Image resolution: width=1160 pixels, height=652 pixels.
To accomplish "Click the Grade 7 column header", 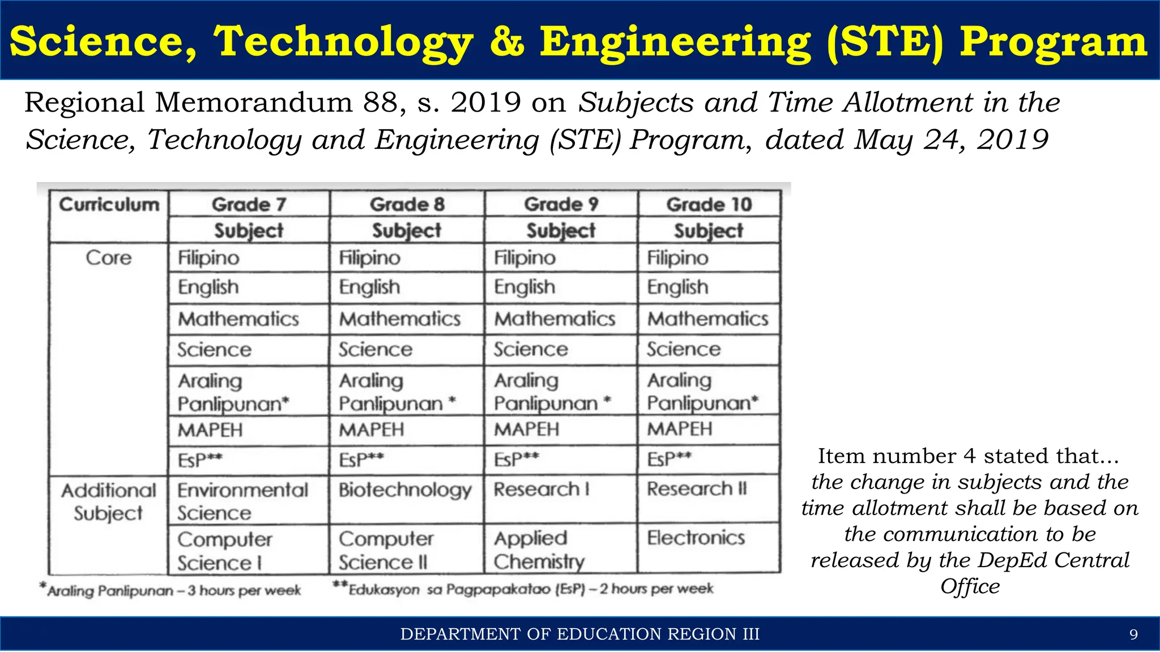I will pyautogui.click(x=249, y=204).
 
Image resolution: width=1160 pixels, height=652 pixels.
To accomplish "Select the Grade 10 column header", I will pyautogui.click(x=709, y=204).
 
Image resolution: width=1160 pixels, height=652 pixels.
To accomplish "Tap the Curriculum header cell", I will pyautogui.click(x=109, y=204).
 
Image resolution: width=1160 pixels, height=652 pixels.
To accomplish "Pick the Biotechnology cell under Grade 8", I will pyautogui.click(x=405, y=490).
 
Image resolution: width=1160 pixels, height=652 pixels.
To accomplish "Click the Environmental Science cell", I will pyautogui.click(x=243, y=501).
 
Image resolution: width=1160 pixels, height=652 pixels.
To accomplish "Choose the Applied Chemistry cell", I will pyautogui.click(x=539, y=550).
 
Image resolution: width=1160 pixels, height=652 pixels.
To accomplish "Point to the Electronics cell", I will pyautogui.click(x=696, y=538).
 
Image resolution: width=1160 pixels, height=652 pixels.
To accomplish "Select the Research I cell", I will pyautogui.click(x=541, y=489).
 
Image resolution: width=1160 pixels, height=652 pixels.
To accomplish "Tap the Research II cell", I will pyautogui.click(x=697, y=488).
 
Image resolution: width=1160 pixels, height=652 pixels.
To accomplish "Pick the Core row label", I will pyautogui.click(x=108, y=258).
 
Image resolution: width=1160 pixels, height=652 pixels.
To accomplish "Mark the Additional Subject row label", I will pyautogui.click(x=108, y=501).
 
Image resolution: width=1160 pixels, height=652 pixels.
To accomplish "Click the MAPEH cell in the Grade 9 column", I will pyautogui.click(x=526, y=430).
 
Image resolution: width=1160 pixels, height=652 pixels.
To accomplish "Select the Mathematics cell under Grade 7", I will pyautogui.click(x=238, y=319).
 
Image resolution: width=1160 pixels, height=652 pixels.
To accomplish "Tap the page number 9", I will pyautogui.click(x=1133, y=634).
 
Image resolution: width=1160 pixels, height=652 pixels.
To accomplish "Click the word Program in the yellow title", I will pyautogui.click(x=1053, y=42).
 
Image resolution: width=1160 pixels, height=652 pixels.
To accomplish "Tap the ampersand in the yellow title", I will pyautogui.click(x=507, y=42).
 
